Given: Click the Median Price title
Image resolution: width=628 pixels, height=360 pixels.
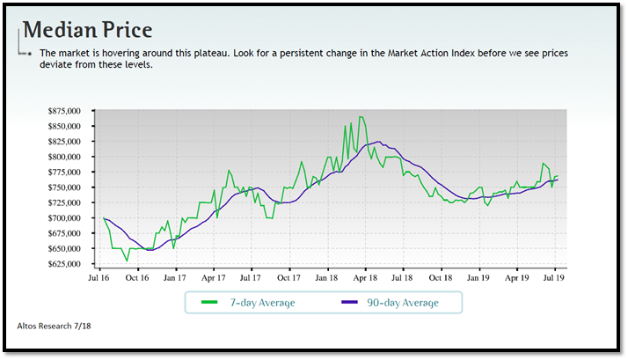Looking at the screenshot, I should (x=87, y=29).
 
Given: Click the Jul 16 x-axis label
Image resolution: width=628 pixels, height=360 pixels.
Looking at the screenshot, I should (x=99, y=277).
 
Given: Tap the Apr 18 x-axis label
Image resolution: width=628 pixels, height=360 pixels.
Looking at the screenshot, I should (x=365, y=277).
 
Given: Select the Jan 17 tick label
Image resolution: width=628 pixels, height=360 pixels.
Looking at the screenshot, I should (x=175, y=277).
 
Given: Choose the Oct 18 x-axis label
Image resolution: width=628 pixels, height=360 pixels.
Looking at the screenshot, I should (x=441, y=277).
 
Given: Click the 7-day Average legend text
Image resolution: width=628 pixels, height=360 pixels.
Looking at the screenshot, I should (x=261, y=303).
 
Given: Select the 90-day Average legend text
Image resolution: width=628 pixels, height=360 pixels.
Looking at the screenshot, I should (x=402, y=303).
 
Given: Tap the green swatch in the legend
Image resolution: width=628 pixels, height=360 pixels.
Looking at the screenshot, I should (x=208, y=303).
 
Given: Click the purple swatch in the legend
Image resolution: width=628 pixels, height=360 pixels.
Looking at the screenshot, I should (x=347, y=303).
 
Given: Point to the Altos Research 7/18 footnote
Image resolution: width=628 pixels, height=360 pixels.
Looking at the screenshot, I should (x=54, y=326).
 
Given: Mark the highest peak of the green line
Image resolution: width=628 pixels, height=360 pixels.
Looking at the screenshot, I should (x=361, y=117).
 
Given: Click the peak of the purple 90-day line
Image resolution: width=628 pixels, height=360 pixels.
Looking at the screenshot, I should (x=377, y=142).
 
